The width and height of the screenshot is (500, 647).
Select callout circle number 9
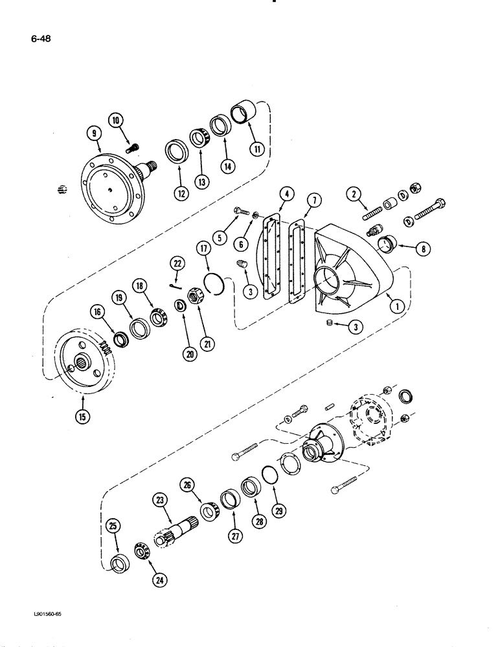coord(95,134)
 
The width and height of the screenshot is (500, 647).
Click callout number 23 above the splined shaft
coord(161,501)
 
